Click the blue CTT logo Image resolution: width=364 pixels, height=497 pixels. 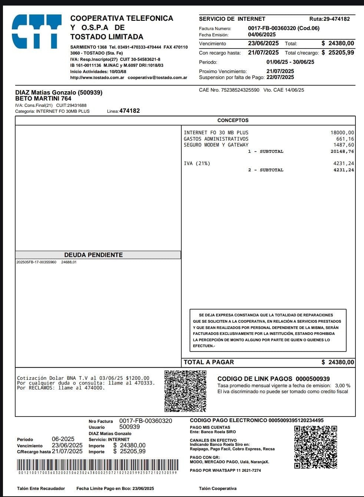(36, 32)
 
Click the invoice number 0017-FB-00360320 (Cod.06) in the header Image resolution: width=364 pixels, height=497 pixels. (284, 28)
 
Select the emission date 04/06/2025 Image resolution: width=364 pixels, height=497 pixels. (262, 34)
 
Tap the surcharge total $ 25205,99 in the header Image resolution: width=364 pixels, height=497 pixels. (338, 53)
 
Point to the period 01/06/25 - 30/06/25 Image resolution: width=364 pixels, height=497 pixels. (290, 62)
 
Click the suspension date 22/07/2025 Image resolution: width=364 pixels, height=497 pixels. (280, 77)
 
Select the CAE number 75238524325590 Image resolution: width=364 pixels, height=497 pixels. (240, 90)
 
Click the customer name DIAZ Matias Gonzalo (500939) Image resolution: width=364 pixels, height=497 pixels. (59, 92)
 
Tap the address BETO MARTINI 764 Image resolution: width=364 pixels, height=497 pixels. (43, 99)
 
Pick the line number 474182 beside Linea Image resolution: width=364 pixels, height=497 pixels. (129, 111)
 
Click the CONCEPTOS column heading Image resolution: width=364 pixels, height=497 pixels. (233, 120)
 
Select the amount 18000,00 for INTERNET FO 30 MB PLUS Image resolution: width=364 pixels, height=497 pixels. (342, 132)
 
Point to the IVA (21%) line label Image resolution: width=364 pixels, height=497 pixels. (197, 163)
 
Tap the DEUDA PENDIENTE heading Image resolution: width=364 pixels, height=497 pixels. (93, 255)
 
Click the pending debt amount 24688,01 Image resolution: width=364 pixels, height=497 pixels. (69, 262)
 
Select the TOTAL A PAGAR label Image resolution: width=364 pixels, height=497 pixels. (209, 362)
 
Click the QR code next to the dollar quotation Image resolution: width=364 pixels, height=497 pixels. (185, 391)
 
